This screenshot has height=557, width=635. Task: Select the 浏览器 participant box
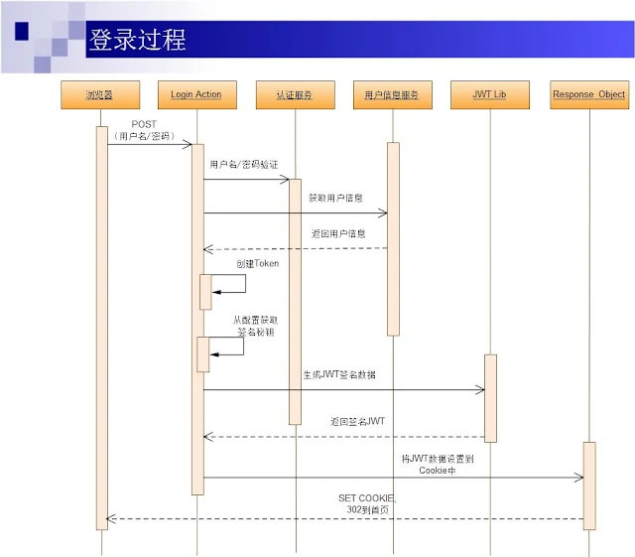tap(100, 95)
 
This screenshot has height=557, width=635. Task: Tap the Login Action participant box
tap(196, 95)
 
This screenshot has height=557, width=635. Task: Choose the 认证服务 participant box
tap(294, 95)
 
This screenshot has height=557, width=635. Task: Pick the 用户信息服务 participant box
tap(392, 95)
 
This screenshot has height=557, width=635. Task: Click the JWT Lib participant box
tap(489, 95)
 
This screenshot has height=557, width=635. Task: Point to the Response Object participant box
tap(588, 95)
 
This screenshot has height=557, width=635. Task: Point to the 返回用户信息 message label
tap(338, 233)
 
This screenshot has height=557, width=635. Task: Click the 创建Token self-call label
tap(257, 264)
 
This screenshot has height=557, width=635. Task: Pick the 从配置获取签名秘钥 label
tap(255, 326)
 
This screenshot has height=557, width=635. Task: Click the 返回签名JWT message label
tap(358, 422)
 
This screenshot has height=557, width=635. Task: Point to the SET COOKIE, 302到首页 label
tap(366, 502)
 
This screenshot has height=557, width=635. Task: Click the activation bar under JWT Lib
tap(490, 397)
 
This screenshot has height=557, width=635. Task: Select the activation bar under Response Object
tap(588, 485)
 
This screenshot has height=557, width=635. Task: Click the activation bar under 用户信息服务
tap(393, 238)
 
